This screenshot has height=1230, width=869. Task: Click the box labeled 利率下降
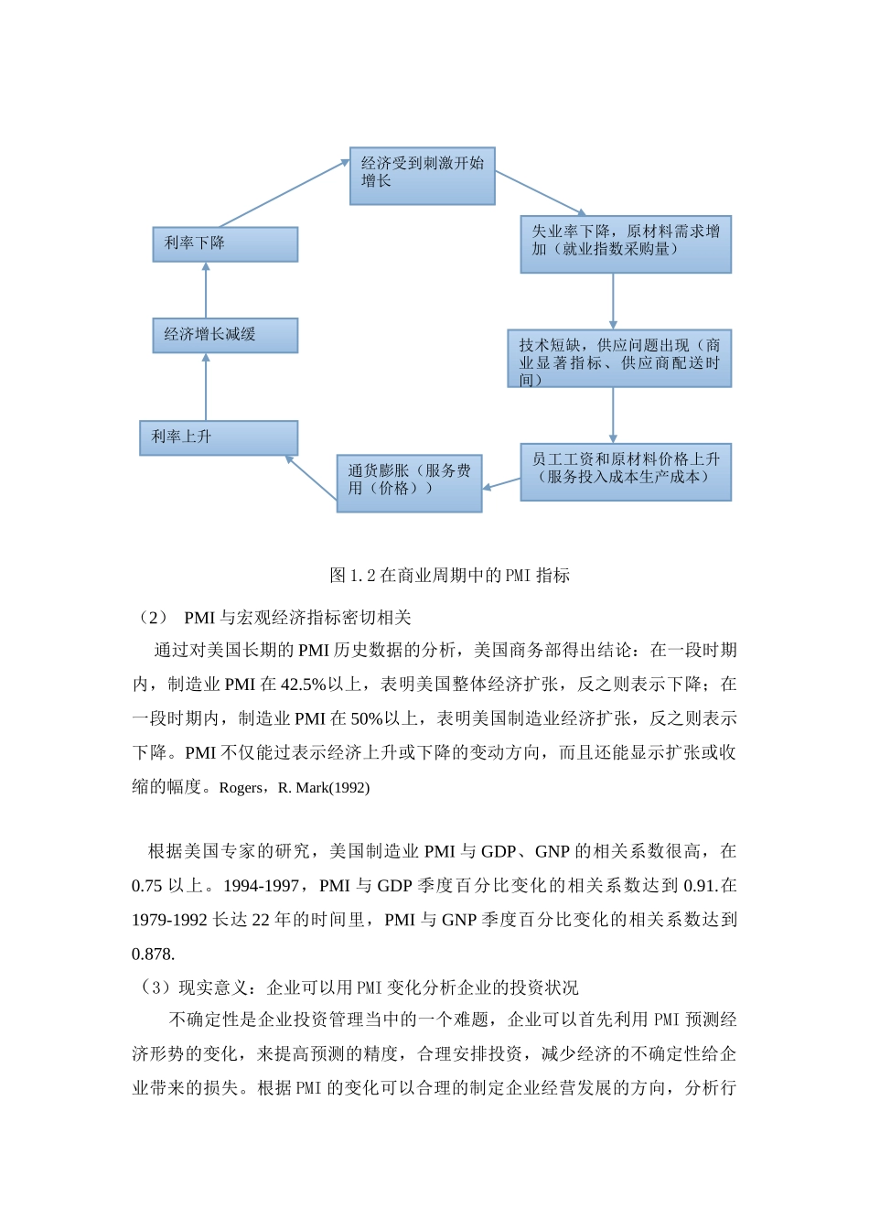click(x=225, y=244)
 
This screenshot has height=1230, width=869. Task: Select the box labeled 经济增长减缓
click(x=225, y=335)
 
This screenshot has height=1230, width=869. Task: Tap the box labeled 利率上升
click(x=219, y=437)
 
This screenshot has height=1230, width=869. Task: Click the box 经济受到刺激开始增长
click(x=422, y=176)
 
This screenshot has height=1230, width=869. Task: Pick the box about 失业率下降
click(x=626, y=244)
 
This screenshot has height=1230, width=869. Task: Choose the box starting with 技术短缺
click(x=619, y=359)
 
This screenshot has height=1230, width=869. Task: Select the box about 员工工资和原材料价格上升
click(x=626, y=472)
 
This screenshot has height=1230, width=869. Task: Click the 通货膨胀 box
click(x=409, y=483)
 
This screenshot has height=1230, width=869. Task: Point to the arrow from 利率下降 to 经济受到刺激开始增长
click(x=284, y=193)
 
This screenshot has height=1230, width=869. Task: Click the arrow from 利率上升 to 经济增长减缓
click(x=206, y=387)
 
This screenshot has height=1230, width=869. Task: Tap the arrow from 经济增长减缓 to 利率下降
click(x=206, y=290)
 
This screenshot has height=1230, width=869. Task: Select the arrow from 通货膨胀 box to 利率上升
click(x=311, y=477)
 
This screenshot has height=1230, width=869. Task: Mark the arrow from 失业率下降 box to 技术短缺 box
click(x=613, y=301)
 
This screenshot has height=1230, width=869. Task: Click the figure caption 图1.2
click(x=449, y=576)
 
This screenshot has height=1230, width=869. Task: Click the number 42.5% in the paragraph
click(x=303, y=685)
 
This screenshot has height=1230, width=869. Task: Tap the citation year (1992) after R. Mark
click(x=349, y=788)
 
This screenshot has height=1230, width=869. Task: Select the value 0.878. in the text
click(x=154, y=954)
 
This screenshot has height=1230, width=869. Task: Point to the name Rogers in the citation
click(x=241, y=788)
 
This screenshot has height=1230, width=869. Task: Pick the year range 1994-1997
click(x=261, y=886)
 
